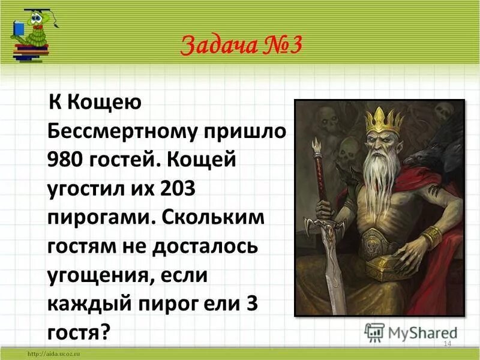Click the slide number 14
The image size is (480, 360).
(x=446, y=343)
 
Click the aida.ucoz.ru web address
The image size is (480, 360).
(x=55, y=355)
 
